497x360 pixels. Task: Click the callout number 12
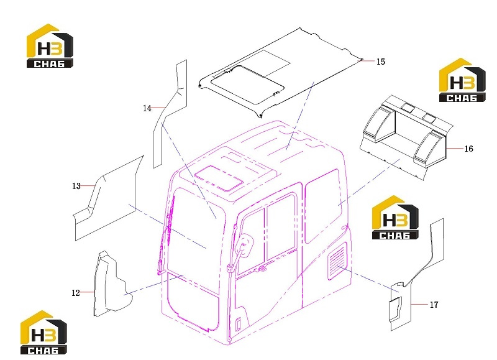pyautogui.click(x=75, y=293)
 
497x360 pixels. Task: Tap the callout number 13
pyautogui.click(x=76, y=186)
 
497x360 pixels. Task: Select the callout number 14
pyautogui.click(x=147, y=108)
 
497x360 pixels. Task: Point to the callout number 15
pyautogui.click(x=381, y=62)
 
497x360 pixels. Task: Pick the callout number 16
pyautogui.click(x=469, y=149)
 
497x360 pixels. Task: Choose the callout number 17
pyautogui.click(x=434, y=305)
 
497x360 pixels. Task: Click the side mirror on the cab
pyautogui.click(x=245, y=246)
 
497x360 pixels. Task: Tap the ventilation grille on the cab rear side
pyautogui.click(x=337, y=261)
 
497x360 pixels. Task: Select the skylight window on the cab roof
pyautogui.click(x=219, y=178)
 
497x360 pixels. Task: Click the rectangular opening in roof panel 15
pyautogui.click(x=247, y=85)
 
